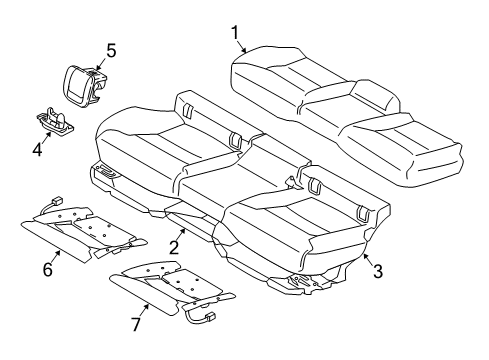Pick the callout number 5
[x=111, y=48]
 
